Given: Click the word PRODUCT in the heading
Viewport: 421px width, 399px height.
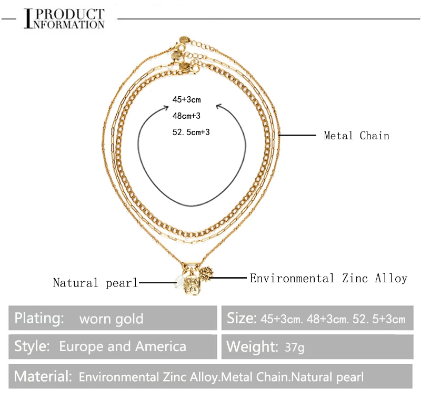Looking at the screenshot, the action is (72, 14).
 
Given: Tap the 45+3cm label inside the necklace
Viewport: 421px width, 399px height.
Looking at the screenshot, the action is (186, 99).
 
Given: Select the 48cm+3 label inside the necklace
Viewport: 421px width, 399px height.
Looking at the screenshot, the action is (186, 115).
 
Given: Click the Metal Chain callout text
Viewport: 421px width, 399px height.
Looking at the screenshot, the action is (356, 136).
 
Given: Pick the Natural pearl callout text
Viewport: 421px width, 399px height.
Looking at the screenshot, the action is (95, 283).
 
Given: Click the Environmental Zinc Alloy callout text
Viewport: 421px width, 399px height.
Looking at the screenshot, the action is (328, 278).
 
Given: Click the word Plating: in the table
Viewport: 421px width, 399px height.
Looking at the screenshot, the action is (39, 318).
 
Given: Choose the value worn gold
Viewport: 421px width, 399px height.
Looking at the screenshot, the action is (111, 319).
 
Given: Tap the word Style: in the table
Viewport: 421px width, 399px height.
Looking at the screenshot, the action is (32, 346).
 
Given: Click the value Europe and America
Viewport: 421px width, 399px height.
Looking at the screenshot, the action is (123, 346).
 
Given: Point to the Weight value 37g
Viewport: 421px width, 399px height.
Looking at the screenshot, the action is (294, 347).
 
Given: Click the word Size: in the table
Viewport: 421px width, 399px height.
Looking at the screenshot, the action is (242, 318).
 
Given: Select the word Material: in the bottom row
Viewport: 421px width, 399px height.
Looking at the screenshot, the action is (43, 376).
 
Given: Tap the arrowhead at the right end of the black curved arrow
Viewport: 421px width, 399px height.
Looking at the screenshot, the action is (219, 107).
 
